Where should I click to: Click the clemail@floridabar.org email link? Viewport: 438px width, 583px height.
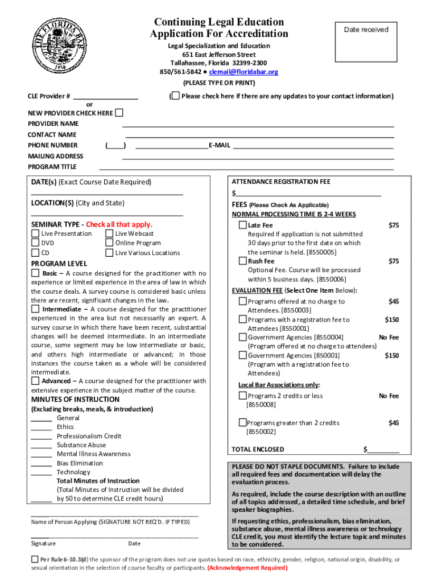243,72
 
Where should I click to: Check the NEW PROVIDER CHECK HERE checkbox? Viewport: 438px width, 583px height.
119,113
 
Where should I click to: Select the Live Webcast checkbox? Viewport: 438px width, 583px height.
110,233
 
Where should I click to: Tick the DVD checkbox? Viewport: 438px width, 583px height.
35,243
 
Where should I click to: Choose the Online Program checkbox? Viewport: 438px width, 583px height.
110,243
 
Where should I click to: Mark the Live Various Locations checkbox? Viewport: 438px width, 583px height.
110,253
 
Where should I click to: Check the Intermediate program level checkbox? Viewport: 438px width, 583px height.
35,309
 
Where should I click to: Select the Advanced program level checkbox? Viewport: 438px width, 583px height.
35,381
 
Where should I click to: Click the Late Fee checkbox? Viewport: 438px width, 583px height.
242,225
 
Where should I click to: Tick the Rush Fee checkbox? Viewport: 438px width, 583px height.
242,261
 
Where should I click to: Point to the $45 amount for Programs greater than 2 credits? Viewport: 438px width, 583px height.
393,422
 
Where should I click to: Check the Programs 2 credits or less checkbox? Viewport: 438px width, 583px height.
242,396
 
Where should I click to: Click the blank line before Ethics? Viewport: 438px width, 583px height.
42,427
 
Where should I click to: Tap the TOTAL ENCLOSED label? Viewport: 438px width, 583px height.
258,449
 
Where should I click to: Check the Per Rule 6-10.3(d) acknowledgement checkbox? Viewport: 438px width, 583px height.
35,560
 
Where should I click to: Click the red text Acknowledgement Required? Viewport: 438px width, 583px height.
247,568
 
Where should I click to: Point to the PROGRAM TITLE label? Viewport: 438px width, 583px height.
52,167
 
